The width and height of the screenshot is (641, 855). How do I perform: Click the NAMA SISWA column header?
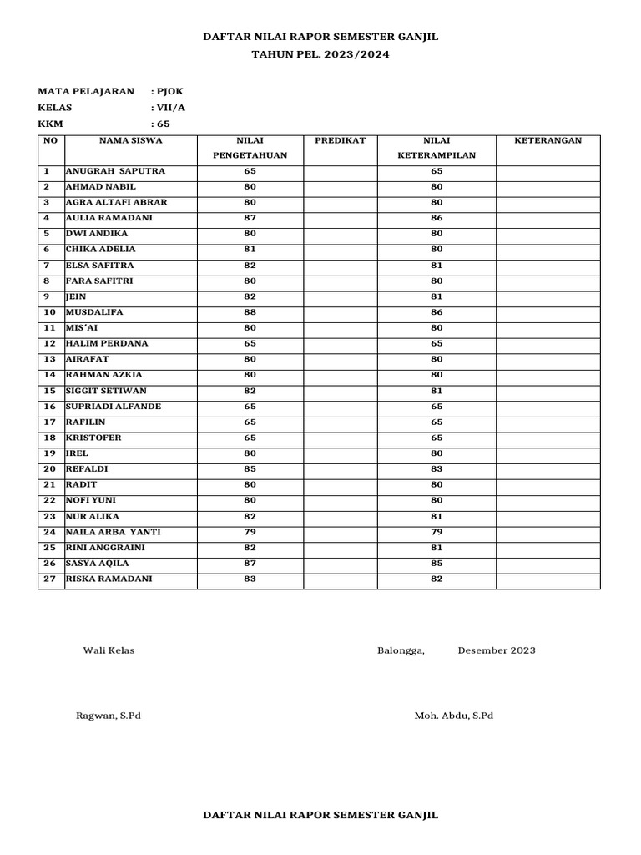[x=131, y=140]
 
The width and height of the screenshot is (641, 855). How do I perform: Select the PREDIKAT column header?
[x=340, y=140]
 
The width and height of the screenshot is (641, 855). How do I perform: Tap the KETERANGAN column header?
[x=548, y=140]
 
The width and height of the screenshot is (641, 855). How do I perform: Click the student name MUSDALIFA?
[x=93, y=312]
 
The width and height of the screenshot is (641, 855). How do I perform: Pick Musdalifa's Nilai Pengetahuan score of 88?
[x=250, y=312]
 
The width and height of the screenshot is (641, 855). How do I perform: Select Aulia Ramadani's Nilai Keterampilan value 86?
[x=437, y=218]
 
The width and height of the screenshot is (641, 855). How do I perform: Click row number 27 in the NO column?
[x=49, y=579]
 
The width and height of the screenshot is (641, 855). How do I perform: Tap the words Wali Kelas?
[x=108, y=650]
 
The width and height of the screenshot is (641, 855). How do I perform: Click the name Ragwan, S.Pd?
[x=109, y=716]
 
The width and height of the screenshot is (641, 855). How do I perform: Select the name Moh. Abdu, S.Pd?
[x=453, y=716]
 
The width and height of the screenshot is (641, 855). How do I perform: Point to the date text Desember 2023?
[x=497, y=650]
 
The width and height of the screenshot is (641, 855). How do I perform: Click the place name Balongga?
[x=401, y=650]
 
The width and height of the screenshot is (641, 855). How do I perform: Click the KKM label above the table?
[x=50, y=124]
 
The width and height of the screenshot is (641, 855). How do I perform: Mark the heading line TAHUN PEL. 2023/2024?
[x=320, y=54]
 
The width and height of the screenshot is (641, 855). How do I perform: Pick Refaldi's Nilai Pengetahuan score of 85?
[x=250, y=469]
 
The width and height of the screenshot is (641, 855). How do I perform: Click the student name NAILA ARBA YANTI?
[x=114, y=532]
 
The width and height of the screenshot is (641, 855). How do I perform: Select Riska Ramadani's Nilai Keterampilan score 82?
[x=437, y=579]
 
